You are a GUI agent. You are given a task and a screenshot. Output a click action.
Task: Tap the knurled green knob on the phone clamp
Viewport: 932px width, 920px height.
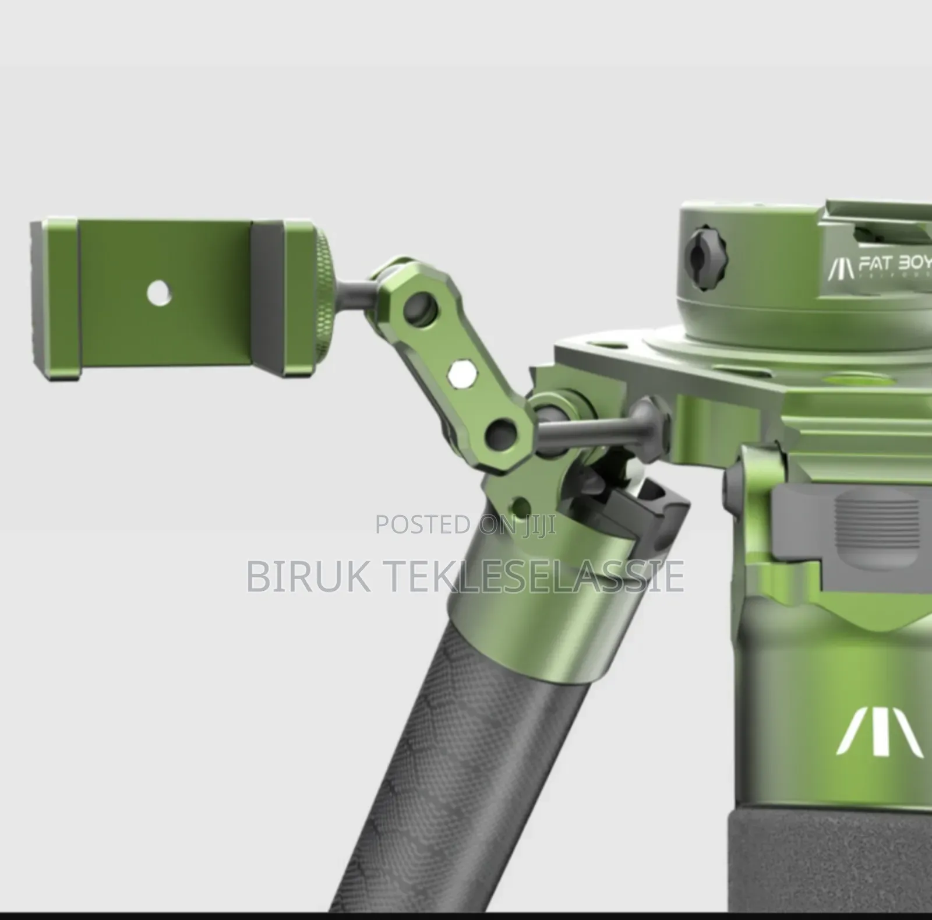(322, 296)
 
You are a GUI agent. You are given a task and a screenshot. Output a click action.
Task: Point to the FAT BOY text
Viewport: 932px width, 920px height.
(895, 263)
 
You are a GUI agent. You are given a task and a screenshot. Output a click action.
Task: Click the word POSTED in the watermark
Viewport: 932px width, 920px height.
(422, 524)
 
